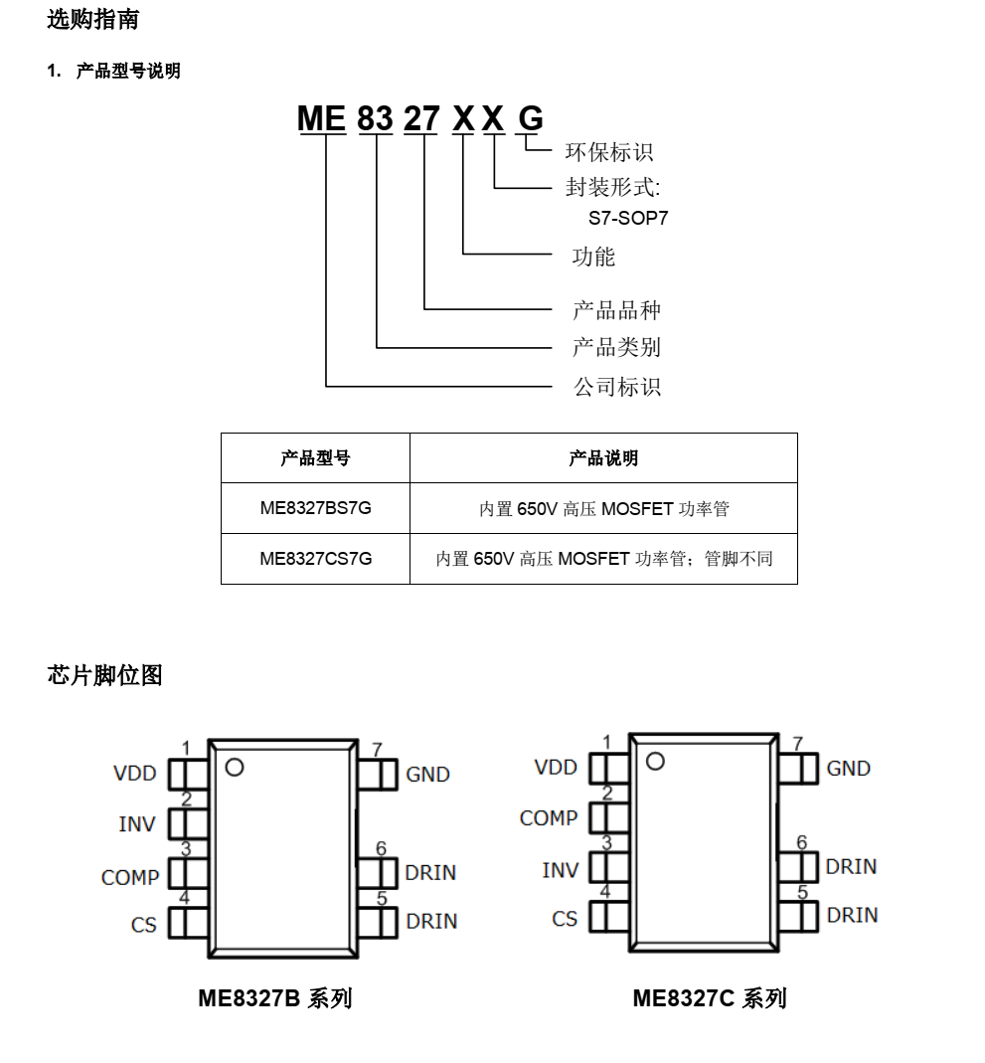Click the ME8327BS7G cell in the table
[316, 508]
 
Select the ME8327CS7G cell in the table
[316, 559]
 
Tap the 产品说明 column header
[603, 458]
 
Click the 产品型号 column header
[316, 458]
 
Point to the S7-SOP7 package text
[628, 218]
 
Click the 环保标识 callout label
[609, 152]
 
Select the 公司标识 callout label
[617, 387]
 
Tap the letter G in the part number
[531, 118]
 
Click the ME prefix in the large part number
[322, 118]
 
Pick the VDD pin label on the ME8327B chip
[135, 773]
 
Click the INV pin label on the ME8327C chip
[561, 870]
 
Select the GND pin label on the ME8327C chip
[848, 768]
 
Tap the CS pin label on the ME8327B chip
[143, 925]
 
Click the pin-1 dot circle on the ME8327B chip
[235, 768]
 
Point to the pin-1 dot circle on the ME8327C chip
[655, 762]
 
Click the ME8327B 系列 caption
[275, 998]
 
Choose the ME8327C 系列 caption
[710, 998]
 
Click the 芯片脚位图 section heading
[105, 675]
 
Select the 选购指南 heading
[92, 19]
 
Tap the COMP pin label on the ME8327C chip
[549, 818]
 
